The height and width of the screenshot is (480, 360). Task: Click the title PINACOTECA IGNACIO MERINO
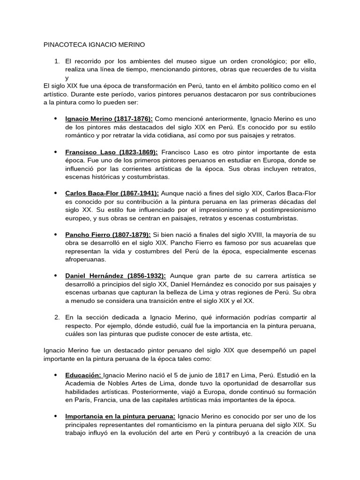(94, 45)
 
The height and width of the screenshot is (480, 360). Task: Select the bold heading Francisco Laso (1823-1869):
(112, 153)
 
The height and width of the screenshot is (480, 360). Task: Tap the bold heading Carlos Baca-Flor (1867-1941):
(112, 193)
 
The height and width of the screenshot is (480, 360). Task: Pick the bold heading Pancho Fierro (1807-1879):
(108, 234)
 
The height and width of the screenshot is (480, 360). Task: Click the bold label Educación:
(83, 375)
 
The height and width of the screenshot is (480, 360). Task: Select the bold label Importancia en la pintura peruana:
(120, 416)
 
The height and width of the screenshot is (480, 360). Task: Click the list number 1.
(57, 61)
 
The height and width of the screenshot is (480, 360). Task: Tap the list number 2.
(57, 317)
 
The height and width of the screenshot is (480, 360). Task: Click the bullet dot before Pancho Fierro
(55, 234)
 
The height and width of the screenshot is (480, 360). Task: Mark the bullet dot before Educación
(55, 375)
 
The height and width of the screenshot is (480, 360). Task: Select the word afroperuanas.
(86, 259)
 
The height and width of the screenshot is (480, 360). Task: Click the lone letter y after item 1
(67, 78)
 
